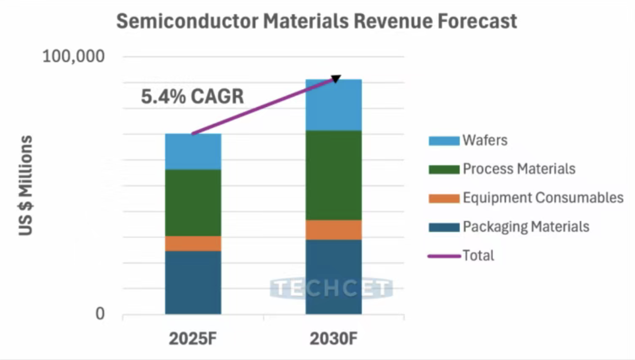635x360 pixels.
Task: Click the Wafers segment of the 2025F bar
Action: click(193, 151)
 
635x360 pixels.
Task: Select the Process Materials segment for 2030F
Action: click(333, 175)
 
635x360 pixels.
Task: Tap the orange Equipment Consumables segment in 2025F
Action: click(193, 244)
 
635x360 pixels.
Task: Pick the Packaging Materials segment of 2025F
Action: click(193, 282)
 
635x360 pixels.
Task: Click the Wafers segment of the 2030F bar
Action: click(333, 105)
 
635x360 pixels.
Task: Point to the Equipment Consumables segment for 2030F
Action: click(333, 230)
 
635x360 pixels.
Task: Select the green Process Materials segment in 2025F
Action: click(193, 203)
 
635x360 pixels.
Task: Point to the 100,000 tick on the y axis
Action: click(74, 56)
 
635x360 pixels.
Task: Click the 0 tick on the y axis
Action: click(100, 314)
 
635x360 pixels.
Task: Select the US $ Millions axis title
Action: click(26, 186)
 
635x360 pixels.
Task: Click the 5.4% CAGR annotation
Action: click(193, 97)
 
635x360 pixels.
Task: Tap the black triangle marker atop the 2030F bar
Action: click(336, 79)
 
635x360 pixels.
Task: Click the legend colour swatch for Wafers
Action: click(444, 141)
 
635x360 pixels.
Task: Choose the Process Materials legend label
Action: click(519, 169)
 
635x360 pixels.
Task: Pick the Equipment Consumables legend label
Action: click(543, 198)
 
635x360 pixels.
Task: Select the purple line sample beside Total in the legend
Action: click(444, 256)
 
